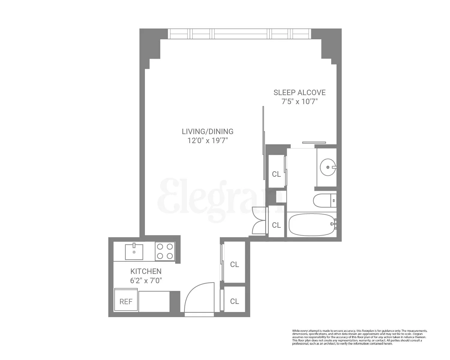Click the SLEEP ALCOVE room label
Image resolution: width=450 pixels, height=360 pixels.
[299, 92]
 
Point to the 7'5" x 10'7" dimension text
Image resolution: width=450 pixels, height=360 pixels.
[299, 102]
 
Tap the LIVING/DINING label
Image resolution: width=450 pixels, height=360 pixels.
[208, 131]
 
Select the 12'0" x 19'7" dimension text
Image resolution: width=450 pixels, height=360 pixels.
[208, 140]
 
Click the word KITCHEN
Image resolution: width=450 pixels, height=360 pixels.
[146, 271]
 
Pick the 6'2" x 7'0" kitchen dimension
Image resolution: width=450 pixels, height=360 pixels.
[146, 280]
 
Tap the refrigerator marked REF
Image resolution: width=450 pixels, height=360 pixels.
[126, 301]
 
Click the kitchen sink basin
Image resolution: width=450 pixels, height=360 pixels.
[134, 252]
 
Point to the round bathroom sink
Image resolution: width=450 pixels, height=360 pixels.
[327, 167]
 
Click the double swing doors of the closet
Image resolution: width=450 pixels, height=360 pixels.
[259, 220]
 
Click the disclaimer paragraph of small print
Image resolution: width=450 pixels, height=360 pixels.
[359, 337]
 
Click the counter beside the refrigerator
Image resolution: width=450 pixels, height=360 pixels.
[154, 301]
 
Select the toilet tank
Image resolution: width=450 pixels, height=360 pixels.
[333, 200]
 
